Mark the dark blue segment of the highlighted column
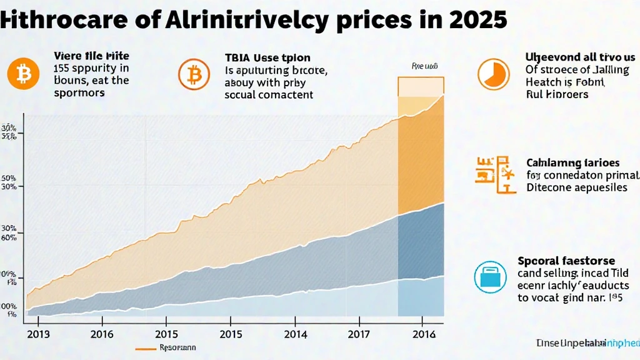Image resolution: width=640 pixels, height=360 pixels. click(421, 244)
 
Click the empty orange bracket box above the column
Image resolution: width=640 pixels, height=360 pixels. click(421, 87)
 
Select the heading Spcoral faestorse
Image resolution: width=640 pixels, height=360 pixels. click(566, 261)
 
